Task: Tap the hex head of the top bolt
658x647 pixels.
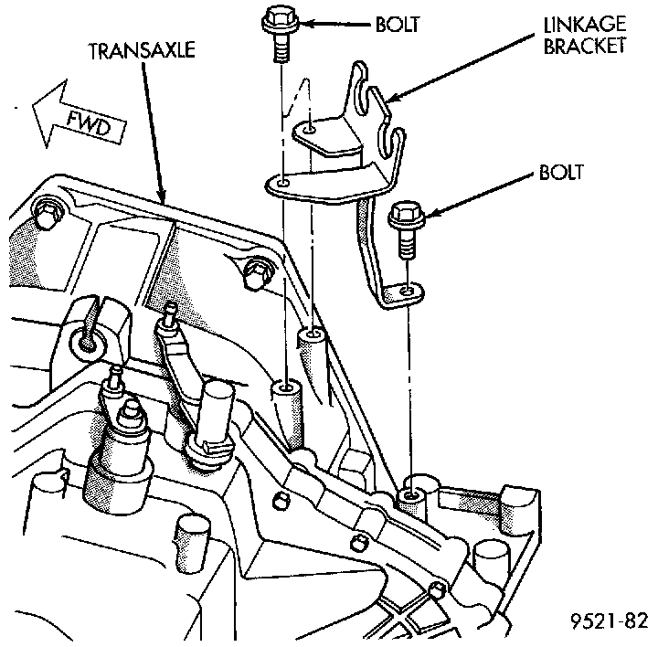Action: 277,17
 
